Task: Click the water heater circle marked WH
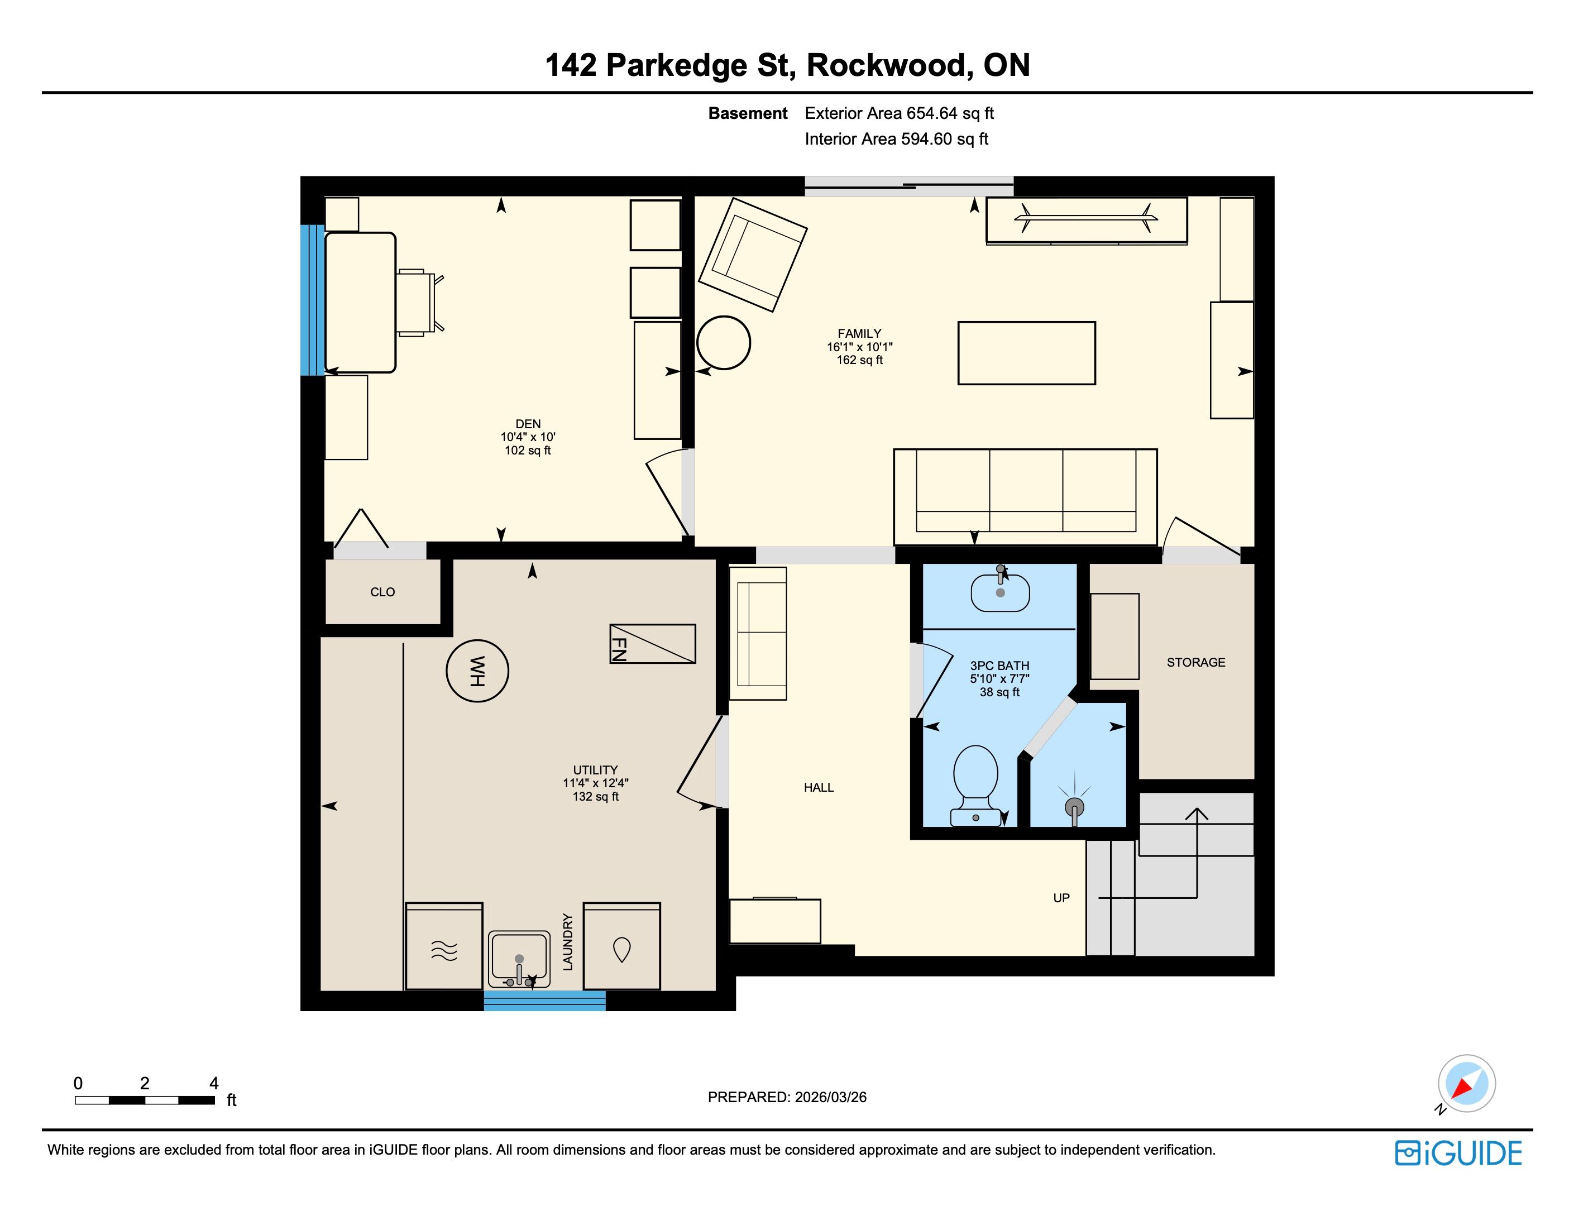click(x=477, y=671)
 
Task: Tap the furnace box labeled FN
click(x=652, y=643)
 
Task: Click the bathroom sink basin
click(x=1001, y=592)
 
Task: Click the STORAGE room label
click(x=1196, y=662)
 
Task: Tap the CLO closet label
click(x=382, y=591)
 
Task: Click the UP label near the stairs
click(x=1061, y=898)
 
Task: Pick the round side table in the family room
click(x=724, y=342)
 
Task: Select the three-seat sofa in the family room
click(x=1025, y=497)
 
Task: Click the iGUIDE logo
click(x=1458, y=1154)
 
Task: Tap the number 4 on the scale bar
click(x=213, y=1083)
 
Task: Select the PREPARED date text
click(x=787, y=1097)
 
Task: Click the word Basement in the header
click(x=747, y=113)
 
